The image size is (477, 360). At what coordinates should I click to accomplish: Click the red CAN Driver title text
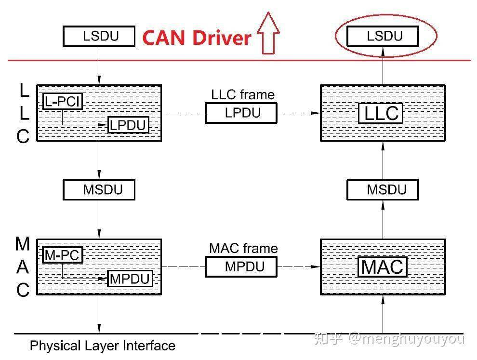197,38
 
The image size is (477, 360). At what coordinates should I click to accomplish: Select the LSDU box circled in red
383,36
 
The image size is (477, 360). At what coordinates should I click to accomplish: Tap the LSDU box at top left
99,36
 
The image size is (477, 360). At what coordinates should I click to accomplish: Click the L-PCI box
63,101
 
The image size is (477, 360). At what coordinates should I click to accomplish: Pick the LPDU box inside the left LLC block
128,125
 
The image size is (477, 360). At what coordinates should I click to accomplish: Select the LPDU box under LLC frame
241,113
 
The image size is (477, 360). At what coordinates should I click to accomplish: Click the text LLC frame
243,94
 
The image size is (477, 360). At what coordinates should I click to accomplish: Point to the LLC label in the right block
381,113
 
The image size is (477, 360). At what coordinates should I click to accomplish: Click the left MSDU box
99,189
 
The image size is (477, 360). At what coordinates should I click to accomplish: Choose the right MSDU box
383,189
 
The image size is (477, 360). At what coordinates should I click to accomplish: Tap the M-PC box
63,255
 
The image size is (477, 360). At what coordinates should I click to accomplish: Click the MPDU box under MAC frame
241,267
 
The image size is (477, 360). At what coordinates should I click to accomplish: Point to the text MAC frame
243,248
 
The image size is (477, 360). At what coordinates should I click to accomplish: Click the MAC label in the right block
383,267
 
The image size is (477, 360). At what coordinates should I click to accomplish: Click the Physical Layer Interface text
103,346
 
